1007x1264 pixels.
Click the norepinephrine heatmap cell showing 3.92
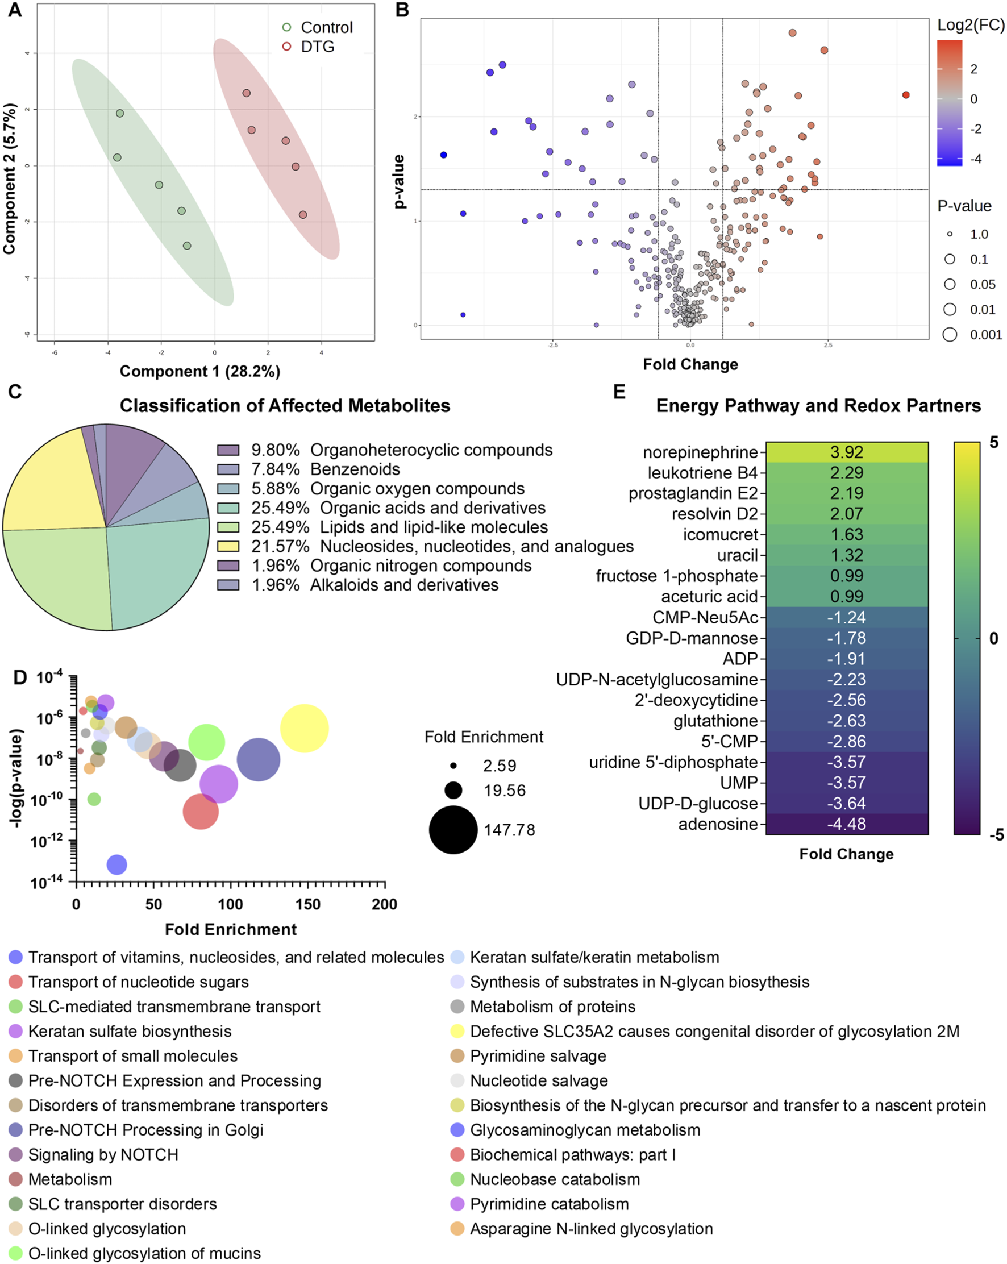846,452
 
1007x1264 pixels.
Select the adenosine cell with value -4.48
846,824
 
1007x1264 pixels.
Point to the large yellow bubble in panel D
304,728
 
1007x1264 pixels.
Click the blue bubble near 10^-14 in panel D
116,864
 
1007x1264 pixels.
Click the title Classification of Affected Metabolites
285,406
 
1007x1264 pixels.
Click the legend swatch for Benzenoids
228,469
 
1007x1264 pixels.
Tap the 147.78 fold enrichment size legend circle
453,830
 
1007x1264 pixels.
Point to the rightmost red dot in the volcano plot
906,95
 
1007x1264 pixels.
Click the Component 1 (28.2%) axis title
200,371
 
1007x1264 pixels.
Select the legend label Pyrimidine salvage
538,1056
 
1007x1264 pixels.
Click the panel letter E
619,392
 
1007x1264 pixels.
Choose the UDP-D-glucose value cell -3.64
846,803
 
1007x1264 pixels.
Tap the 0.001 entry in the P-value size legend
985,335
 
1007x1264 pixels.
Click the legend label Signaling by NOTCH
103,1154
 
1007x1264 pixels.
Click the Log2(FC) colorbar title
971,25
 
